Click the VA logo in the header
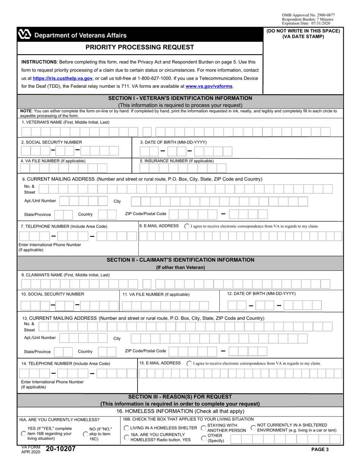[x=24, y=35]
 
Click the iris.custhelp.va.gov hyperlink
[x=63, y=78]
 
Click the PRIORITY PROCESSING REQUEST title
[x=140, y=47]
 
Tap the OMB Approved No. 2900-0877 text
[x=308, y=15]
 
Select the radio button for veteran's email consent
[x=187, y=226]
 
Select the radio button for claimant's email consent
[x=189, y=363]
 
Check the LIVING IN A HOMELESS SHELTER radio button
[x=127, y=428]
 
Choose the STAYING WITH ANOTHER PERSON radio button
[x=203, y=428]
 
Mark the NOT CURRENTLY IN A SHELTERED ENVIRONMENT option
[x=254, y=427]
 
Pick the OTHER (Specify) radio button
[x=203, y=438]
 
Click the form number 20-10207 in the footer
[x=61, y=449]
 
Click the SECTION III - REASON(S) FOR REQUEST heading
[x=180, y=397]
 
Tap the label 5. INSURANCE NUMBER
[x=177, y=161]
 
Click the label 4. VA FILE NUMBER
[x=53, y=161]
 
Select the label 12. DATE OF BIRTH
[x=261, y=294]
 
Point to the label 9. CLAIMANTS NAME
[x=66, y=275]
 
